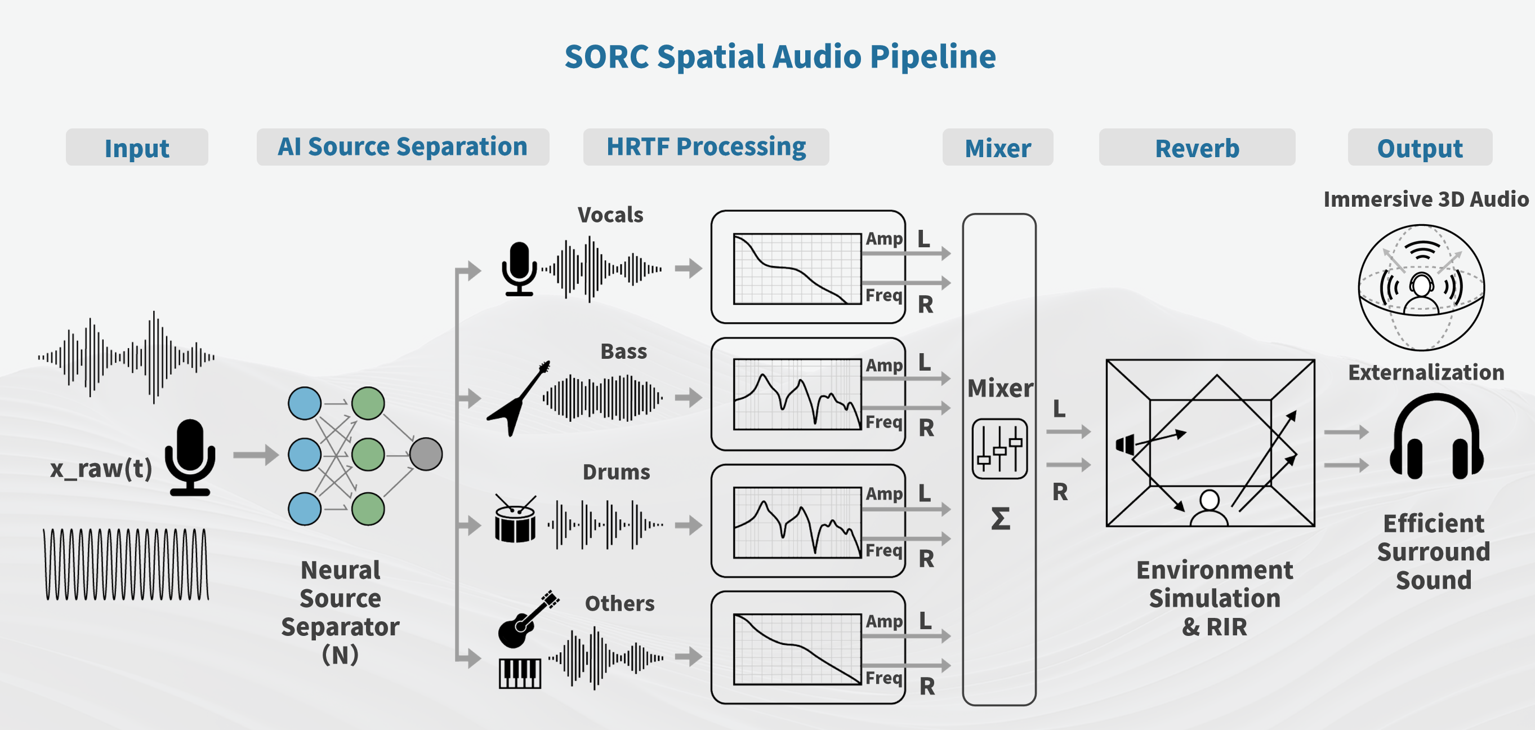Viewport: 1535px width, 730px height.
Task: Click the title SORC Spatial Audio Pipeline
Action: pos(779,57)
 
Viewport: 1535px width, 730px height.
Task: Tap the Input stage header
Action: pos(136,148)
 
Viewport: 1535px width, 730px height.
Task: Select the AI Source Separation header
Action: pos(402,146)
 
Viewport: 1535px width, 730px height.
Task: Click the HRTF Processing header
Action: pos(706,146)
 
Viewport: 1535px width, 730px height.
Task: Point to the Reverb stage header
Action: pos(1197,148)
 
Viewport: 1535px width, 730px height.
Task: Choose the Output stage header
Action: pos(1420,148)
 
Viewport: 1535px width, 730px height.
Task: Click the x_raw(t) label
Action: pos(101,469)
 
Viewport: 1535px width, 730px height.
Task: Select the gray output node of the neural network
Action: pos(426,454)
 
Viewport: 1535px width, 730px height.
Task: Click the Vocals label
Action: pos(610,215)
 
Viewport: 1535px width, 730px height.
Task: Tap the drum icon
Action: pos(515,520)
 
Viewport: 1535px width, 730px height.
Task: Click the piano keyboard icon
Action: pos(520,673)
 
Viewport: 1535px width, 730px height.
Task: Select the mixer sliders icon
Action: pos(999,449)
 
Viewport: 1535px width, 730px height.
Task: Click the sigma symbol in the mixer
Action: pos(1000,518)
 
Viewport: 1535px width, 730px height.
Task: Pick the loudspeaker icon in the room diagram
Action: pos(1125,444)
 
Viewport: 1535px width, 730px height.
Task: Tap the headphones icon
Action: pos(1436,438)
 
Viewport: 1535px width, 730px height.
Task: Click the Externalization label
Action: pos(1426,372)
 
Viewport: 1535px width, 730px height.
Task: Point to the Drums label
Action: pos(616,472)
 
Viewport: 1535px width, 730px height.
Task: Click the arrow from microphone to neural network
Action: pos(256,455)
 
